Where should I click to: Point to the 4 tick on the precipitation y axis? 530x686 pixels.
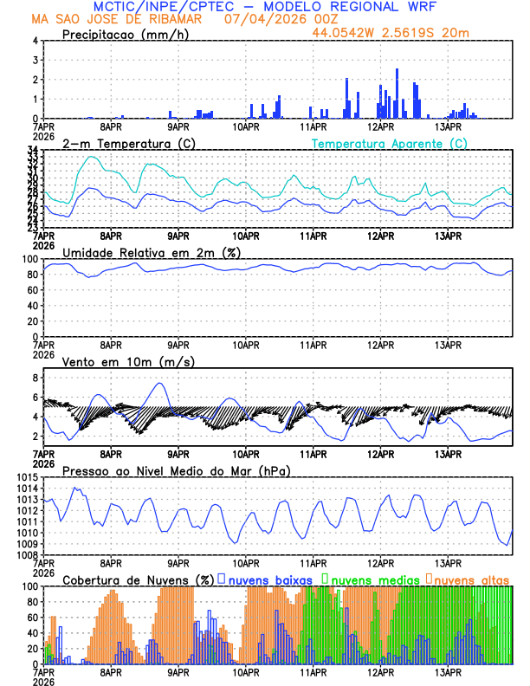(x=35, y=41)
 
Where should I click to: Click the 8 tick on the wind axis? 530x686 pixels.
(x=35, y=378)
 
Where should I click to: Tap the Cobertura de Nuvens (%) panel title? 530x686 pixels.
(x=137, y=579)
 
